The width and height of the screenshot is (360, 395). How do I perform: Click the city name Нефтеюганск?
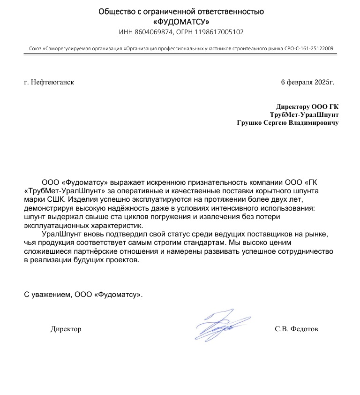(52, 82)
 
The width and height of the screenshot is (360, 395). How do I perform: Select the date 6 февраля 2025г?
(307, 82)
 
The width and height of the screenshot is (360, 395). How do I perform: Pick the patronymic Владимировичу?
(314, 123)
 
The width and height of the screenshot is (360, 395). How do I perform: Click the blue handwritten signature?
(217, 325)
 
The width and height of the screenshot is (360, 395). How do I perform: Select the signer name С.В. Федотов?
(296, 329)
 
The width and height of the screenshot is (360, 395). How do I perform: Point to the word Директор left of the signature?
(66, 329)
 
